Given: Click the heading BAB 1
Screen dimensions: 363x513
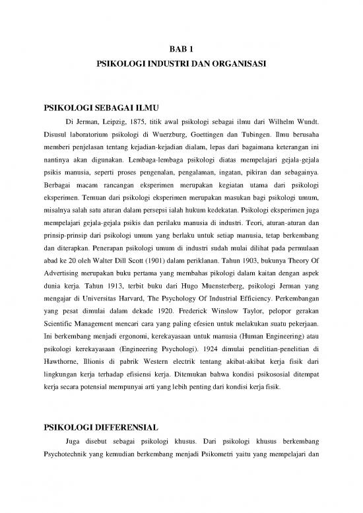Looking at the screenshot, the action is tap(180, 48).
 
